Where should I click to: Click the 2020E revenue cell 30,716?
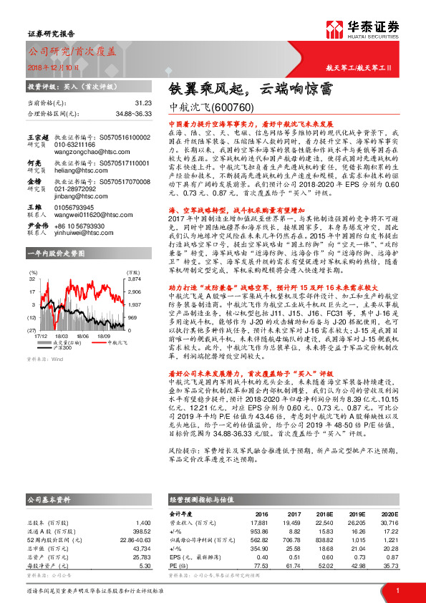point(388,522)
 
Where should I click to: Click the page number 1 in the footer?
point(397,589)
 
